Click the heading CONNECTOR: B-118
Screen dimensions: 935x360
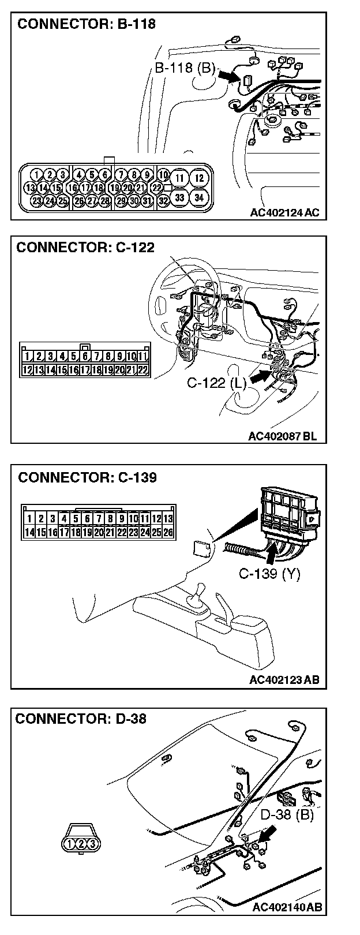click(x=87, y=25)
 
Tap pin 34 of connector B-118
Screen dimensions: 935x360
click(x=199, y=197)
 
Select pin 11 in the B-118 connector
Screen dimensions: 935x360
click(x=180, y=178)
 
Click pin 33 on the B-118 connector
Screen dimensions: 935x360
click(x=180, y=197)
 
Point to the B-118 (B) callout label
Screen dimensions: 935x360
click(x=184, y=69)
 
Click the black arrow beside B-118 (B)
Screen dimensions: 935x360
click(x=228, y=76)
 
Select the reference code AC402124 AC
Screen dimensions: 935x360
click(x=284, y=212)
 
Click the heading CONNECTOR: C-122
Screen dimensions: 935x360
click(x=85, y=248)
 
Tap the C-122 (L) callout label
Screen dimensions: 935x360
click(x=217, y=383)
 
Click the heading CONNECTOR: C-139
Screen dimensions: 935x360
click(x=87, y=478)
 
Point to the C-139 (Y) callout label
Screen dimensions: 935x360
click(x=269, y=575)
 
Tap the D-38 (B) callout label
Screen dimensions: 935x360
click(x=286, y=815)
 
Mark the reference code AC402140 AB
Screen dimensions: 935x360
click(x=286, y=908)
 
